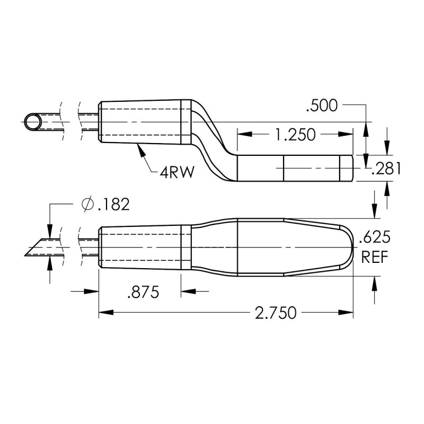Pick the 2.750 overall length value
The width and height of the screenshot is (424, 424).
click(275, 313)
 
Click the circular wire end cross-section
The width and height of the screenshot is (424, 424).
click(35, 122)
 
